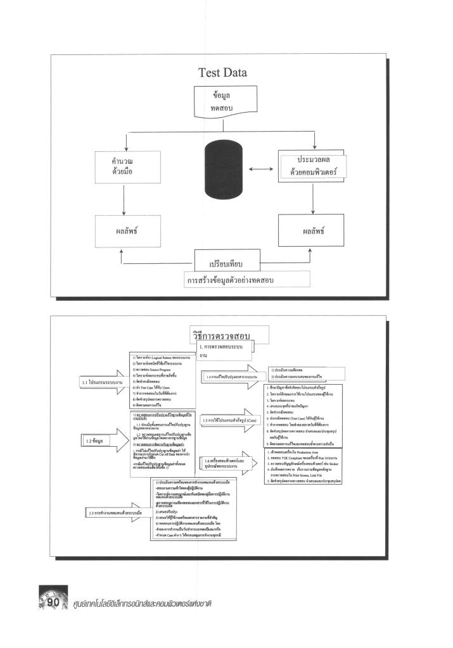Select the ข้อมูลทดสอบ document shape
tap(222, 102)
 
